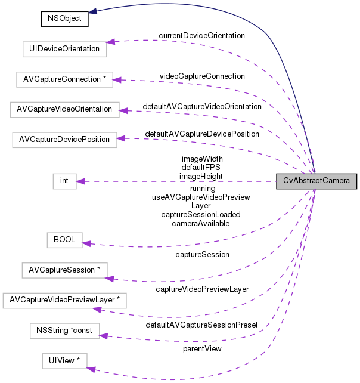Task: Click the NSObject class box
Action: point(64,18)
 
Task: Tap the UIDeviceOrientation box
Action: point(64,49)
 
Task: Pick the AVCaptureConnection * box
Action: point(64,79)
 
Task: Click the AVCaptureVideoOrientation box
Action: point(64,109)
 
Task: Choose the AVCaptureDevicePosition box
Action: point(64,139)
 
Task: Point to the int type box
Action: point(64,181)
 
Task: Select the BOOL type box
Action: point(64,240)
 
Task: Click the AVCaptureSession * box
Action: point(64,270)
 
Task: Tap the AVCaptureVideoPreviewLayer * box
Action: point(64,300)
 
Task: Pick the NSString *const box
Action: point(64,330)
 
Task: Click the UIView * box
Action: point(64,360)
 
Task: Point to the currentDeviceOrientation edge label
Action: point(201,36)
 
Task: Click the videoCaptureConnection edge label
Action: point(202,76)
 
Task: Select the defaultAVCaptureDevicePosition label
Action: point(202,134)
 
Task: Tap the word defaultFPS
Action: point(201,168)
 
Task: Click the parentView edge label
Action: point(202,348)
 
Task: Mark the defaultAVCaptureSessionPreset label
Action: point(201,325)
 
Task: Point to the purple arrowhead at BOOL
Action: point(86,243)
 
